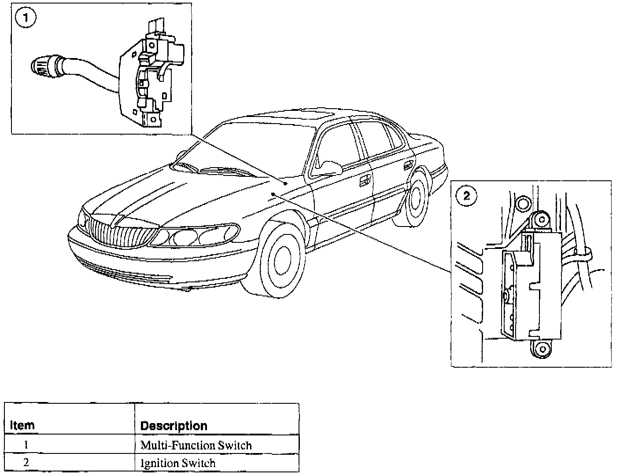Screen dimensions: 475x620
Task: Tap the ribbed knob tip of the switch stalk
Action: point(41,66)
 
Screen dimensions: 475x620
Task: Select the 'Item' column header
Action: point(22,426)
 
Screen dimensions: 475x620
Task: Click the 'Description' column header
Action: point(173,426)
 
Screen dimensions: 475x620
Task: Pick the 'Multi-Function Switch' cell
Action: point(196,445)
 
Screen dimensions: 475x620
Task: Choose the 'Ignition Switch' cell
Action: point(177,463)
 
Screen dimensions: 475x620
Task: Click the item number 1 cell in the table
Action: point(26,445)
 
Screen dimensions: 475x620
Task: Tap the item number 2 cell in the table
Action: point(26,463)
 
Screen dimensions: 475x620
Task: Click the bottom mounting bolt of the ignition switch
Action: point(542,349)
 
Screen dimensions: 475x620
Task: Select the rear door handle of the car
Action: point(408,165)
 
